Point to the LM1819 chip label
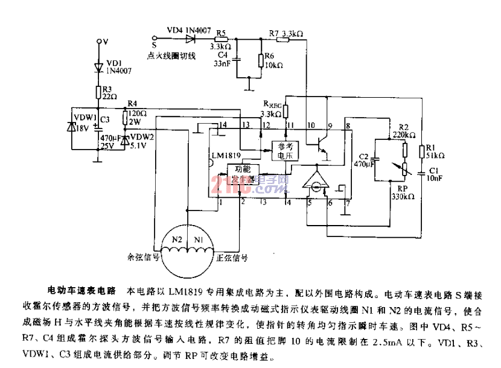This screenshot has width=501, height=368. pos(225,156)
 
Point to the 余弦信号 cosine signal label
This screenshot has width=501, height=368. pos(143,257)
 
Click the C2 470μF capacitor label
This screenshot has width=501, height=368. pos(362,159)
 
